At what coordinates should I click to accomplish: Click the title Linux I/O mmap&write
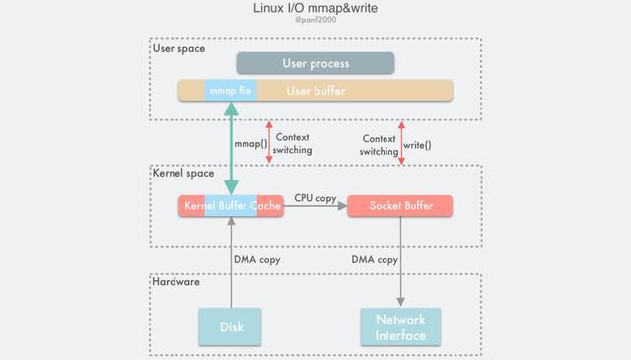pyautogui.click(x=315, y=9)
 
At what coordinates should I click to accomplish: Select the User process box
pyautogui.click(x=315, y=63)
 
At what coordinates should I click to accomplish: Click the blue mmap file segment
pyautogui.click(x=231, y=91)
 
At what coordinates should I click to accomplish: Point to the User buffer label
pyautogui.click(x=315, y=91)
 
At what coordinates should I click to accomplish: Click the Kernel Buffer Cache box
pyautogui.click(x=232, y=206)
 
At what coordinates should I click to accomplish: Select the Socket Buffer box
pyautogui.click(x=400, y=206)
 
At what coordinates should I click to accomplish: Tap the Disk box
pyautogui.click(x=232, y=326)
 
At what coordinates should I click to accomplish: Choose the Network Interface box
pyautogui.click(x=400, y=326)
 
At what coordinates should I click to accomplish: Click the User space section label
pyautogui.click(x=178, y=48)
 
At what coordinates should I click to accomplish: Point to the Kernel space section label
pyautogui.click(x=182, y=173)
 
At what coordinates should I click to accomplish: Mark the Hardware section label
pyautogui.click(x=176, y=282)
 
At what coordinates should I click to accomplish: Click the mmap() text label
pyautogui.click(x=249, y=145)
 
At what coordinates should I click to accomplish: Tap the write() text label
pyautogui.click(x=417, y=145)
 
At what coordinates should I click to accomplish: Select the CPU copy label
pyautogui.click(x=315, y=198)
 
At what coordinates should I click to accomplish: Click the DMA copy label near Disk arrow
pyautogui.click(x=256, y=260)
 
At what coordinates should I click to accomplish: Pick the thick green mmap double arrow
pyautogui.click(x=232, y=148)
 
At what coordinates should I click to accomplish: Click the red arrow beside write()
pyautogui.click(x=401, y=142)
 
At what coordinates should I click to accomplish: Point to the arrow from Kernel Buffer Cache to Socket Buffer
pyautogui.click(x=315, y=207)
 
